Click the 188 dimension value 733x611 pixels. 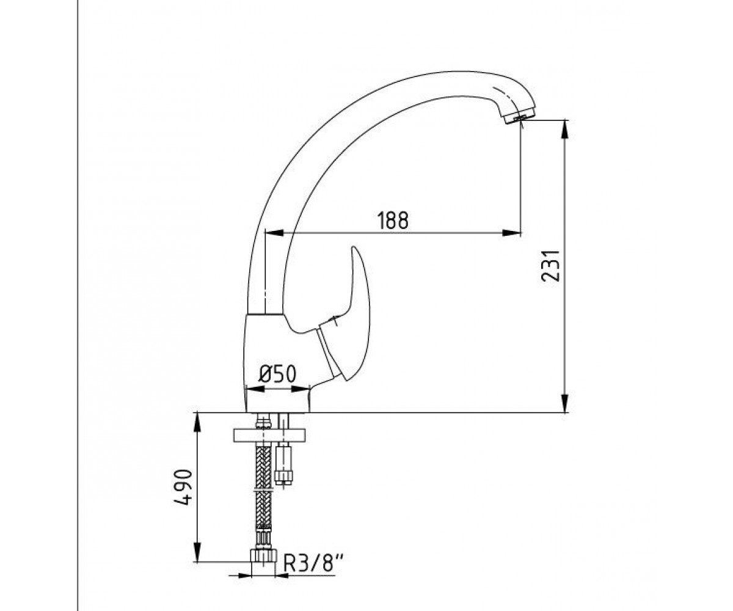click(x=393, y=221)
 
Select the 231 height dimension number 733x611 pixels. click(x=550, y=266)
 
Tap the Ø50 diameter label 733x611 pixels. click(x=277, y=374)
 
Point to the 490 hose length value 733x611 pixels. click(x=183, y=487)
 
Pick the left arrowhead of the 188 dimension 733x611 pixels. click(x=274, y=232)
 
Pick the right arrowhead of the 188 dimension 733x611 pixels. click(x=511, y=232)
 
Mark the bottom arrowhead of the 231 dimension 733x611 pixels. click(x=564, y=403)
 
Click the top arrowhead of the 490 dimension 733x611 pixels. click(x=198, y=422)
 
